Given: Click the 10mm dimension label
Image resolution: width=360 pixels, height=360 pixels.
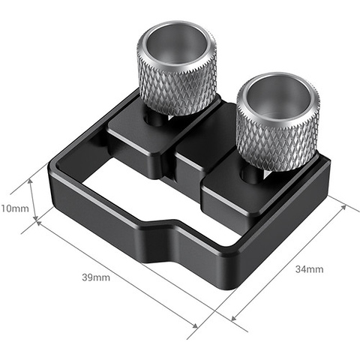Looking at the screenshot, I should pos(14,206).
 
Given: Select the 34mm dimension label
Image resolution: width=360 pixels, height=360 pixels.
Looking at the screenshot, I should pos(309,268).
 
